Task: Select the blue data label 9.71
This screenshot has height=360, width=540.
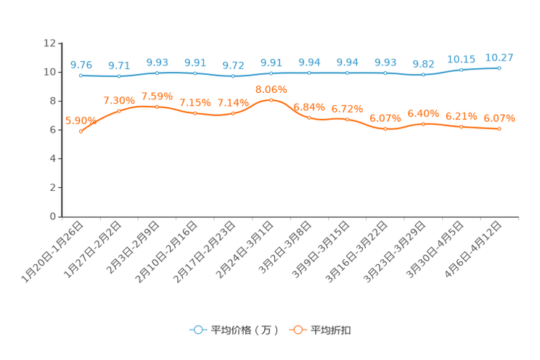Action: click(118, 65)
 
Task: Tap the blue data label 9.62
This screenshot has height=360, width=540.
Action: click(422, 64)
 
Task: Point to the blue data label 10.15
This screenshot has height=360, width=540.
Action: click(461, 58)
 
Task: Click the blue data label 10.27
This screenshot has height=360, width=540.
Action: click(499, 57)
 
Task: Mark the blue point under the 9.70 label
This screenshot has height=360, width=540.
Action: click(81, 75)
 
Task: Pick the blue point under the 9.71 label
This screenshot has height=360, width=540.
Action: click(119, 75)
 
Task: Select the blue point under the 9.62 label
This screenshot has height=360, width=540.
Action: click(422, 75)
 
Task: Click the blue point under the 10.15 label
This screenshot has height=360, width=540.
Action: click(461, 70)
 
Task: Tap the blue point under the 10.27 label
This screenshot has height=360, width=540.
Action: click(499, 67)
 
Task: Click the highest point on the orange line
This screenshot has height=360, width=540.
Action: click(271, 100)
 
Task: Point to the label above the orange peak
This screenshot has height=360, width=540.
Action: click(271, 89)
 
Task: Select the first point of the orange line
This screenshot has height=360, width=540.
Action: click(81, 131)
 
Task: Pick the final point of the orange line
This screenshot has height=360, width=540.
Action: click(499, 128)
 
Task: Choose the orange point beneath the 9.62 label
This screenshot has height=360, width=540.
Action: click(423, 124)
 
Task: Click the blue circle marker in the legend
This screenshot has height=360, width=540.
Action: click(197, 330)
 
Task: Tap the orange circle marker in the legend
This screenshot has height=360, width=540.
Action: click(297, 330)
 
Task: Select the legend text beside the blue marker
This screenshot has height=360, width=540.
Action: click(244, 330)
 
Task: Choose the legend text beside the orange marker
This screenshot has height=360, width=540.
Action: click(331, 330)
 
